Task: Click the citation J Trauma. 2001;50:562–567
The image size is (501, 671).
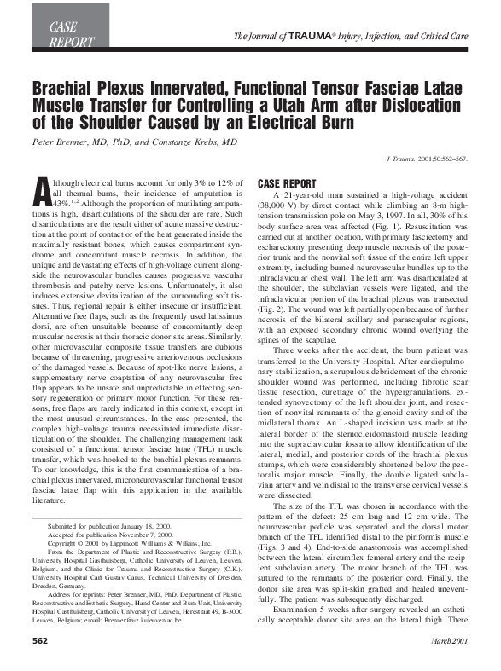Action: (x=429, y=159)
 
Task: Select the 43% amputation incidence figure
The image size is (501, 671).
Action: (x=63, y=205)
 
